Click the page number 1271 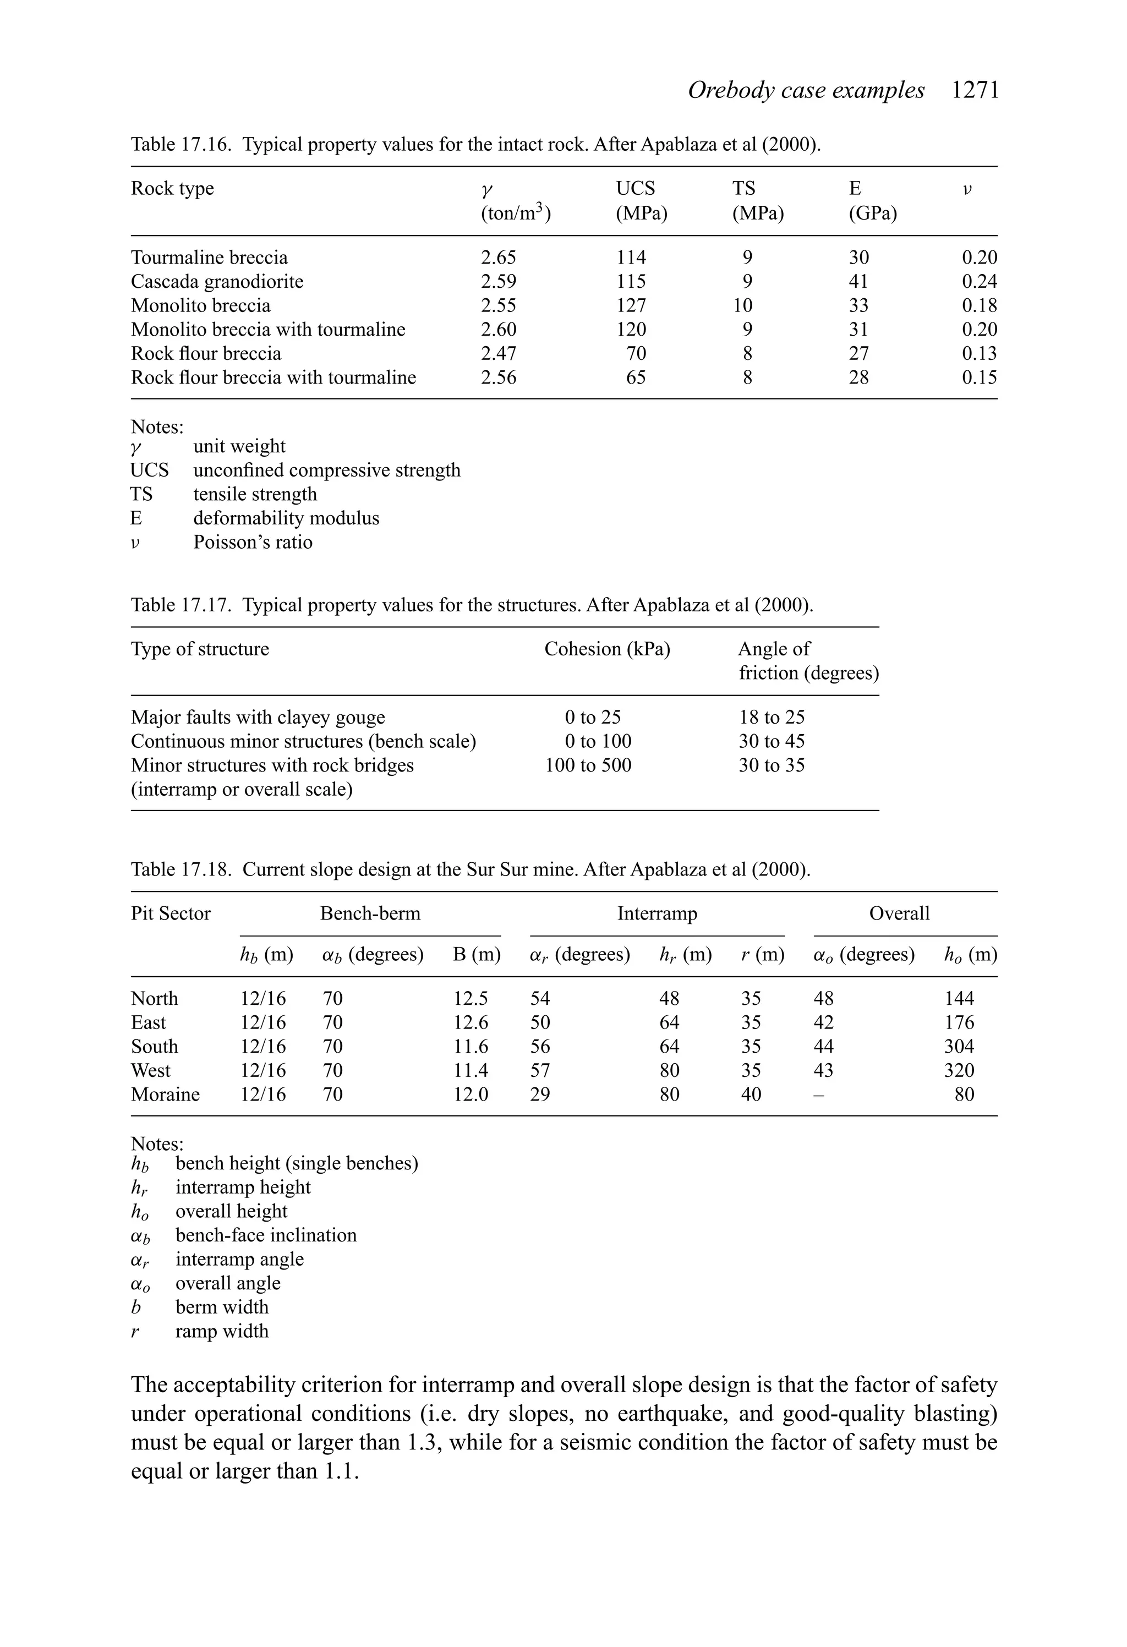975,91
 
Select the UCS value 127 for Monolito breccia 631,305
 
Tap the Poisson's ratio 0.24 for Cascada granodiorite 979,281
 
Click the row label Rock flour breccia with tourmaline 273,377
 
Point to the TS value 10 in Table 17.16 742,305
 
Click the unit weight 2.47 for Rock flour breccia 498,353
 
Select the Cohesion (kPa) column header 607,649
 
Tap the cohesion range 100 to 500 588,765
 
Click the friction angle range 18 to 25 771,717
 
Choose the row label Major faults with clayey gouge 258,717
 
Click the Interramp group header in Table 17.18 656,913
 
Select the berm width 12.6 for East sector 471,1022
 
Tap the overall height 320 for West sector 958,1070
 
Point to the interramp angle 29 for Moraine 539,1094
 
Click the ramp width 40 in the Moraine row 751,1094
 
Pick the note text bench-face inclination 266,1235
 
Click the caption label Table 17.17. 180,605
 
